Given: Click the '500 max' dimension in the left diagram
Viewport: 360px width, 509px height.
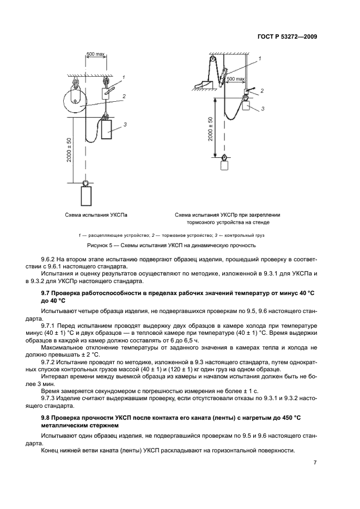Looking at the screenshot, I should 96,54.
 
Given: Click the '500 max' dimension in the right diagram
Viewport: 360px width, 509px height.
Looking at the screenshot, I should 236,79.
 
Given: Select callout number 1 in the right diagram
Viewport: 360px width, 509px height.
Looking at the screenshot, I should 259,58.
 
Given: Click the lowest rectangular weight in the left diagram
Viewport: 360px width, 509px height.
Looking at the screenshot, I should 86,196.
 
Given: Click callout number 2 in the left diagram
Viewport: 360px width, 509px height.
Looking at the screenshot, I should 124,96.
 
